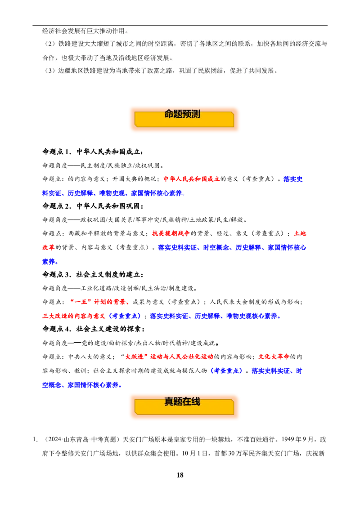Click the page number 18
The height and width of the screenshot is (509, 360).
180,475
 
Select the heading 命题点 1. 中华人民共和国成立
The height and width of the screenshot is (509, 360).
93,152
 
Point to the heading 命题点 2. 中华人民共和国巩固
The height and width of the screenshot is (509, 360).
93,206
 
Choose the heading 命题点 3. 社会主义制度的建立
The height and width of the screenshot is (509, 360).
93,275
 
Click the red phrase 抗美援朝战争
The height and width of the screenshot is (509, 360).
171,233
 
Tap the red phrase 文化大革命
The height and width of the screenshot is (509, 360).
274,357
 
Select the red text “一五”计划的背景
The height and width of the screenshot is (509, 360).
98,302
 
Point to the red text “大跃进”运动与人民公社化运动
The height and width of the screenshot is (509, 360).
166,357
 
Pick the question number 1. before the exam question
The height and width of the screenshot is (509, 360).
35,440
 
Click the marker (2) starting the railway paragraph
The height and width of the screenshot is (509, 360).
50,44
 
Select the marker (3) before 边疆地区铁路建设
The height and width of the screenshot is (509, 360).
50,71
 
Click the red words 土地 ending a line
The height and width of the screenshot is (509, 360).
300,233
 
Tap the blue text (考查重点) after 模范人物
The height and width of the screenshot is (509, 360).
226,371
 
